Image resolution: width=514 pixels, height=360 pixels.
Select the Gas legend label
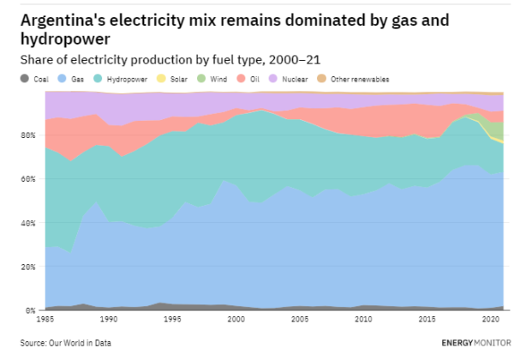(x=77, y=79)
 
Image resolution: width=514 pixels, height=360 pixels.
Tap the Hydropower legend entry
(x=128, y=79)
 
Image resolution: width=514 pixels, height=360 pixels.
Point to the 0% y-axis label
(x=32, y=310)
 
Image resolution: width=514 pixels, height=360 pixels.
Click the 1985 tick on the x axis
(x=45, y=319)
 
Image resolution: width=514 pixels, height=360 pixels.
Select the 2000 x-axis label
(x=236, y=319)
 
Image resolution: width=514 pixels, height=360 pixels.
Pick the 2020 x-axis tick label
(x=489, y=319)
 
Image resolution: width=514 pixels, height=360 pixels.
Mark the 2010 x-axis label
(x=362, y=319)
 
